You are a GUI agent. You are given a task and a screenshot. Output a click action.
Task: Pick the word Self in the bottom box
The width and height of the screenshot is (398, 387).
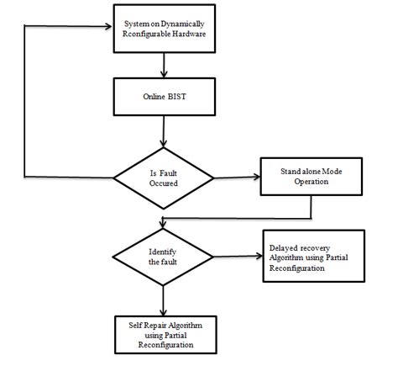(x=128, y=324)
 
